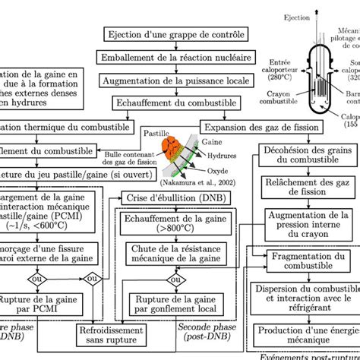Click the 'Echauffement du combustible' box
tap(165, 103)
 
